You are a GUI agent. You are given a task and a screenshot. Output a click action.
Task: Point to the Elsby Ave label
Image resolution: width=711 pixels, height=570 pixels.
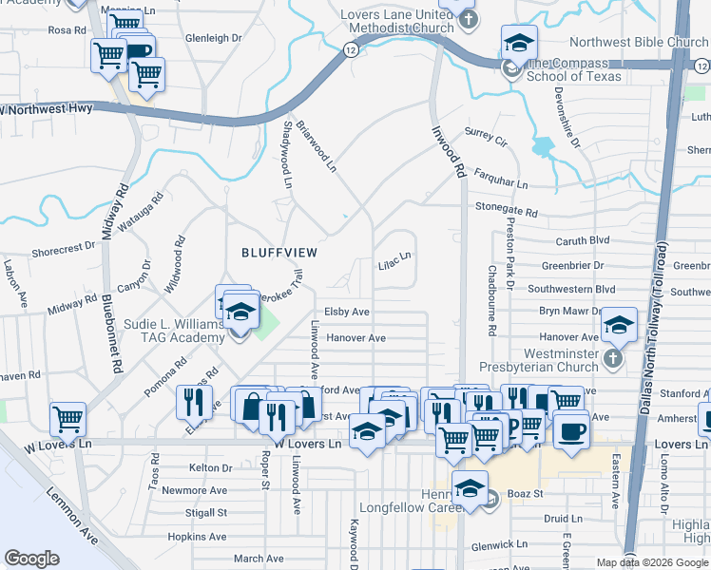coord(346,312)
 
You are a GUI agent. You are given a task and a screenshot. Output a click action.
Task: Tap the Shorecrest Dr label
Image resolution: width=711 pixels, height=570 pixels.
coord(64,249)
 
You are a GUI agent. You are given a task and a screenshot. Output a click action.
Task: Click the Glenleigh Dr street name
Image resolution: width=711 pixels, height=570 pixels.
coord(214,38)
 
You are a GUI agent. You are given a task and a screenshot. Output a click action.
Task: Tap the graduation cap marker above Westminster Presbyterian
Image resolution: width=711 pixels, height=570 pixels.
coord(619,325)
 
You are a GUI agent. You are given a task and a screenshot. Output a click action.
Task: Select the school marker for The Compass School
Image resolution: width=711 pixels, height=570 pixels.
coord(519,42)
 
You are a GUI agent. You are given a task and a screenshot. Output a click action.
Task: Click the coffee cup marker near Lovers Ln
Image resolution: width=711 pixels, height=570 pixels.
coord(570,430)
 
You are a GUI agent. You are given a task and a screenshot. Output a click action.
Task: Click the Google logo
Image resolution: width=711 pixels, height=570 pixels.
coord(32,559)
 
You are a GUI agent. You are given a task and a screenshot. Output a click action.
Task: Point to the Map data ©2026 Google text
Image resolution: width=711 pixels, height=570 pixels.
coord(652,562)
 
